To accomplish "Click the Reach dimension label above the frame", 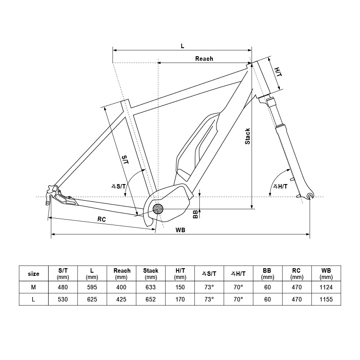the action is pos(204,59).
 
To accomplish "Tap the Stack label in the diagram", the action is pos(247,136).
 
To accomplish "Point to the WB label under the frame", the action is pos(180,230).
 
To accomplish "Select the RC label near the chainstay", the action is pos(102,219).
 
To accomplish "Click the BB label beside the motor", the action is pos(195,214).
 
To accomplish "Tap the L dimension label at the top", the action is pos(182,46).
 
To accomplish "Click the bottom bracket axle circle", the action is pos(158,209).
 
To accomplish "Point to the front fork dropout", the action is pos(310,196).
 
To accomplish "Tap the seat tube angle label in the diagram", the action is pos(119,186).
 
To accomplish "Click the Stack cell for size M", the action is pos(151,287).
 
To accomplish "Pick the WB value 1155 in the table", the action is pos(326,299).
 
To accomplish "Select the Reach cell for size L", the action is pos(121,299).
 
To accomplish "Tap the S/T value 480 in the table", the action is pos(63,287).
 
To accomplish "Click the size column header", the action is pos(33,274).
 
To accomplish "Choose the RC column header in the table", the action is pos(297,274).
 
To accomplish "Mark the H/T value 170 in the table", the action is pos(180,299).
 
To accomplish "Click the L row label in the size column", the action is pos(33,299).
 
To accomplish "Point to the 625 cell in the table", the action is pos(92,299).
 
